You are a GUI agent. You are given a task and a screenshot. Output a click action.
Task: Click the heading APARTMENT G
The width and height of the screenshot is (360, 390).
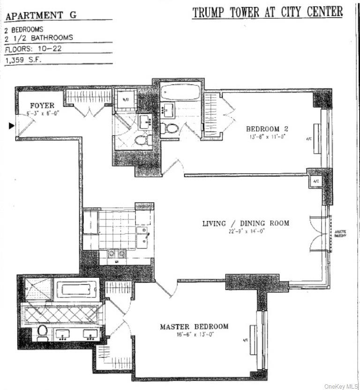(41, 15)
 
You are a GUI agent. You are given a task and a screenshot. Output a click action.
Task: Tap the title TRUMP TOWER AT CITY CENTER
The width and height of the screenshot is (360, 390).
(267, 12)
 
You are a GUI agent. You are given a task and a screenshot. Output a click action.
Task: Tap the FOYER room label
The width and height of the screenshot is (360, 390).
(42, 106)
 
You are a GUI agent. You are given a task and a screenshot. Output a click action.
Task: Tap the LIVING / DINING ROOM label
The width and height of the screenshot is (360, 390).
(246, 223)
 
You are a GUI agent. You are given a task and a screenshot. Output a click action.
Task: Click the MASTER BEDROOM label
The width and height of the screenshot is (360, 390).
(194, 327)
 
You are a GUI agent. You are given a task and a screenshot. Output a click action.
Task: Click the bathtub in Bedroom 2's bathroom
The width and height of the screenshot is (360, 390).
(180, 92)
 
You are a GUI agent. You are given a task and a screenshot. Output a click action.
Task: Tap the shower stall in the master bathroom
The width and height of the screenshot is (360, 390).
(37, 290)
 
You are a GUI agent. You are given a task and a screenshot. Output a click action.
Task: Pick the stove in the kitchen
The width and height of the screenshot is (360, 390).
(116, 253)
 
